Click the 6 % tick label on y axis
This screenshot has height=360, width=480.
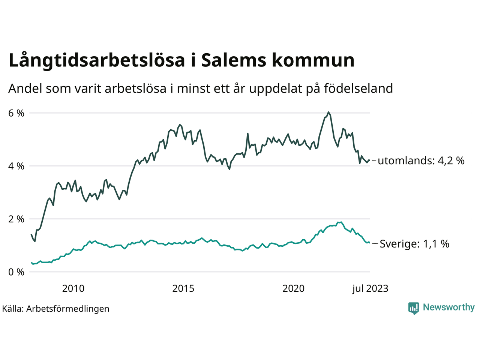click(x=16, y=113)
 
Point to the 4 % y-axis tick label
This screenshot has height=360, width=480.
click(x=16, y=166)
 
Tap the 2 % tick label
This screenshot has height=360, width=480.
click(x=16, y=219)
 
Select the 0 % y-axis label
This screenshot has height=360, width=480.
click(x=16, y=272)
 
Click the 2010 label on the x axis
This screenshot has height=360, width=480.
click(x=73, y=288)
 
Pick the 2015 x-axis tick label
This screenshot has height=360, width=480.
click(x=183, y=288)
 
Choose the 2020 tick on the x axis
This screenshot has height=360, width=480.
click(x=294, y=288)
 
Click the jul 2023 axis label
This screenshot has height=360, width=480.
click(x=370, y=288)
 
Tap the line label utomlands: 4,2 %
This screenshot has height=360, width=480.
click(x=421, y=161)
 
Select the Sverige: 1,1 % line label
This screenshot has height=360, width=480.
click(x=414, y=244)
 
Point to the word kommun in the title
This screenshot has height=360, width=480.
click(x=313, y=61)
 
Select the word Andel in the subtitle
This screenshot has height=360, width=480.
click(x=25, y=88)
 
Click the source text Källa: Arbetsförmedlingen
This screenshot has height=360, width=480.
click(x=55, y=309)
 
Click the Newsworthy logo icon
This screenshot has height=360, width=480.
click(x=414, y=308)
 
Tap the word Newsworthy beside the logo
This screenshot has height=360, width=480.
click(x=448, y=307)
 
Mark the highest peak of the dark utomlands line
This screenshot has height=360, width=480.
click(x=328, y=112)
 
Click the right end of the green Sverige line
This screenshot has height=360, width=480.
click(x=370, y=243)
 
